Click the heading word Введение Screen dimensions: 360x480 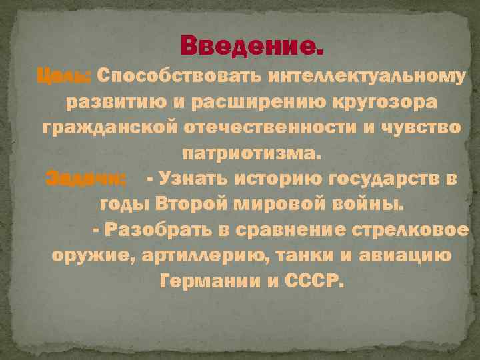pyautogui.click(x=254, y=47)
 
